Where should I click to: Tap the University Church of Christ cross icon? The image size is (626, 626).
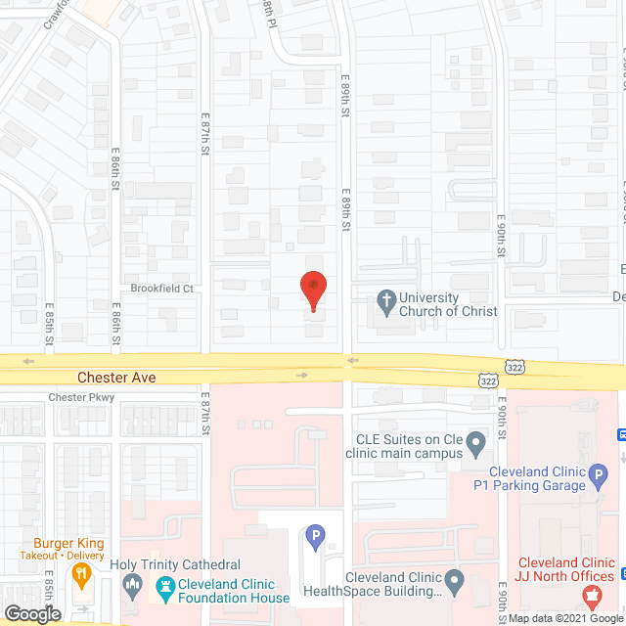(x=387, y=303)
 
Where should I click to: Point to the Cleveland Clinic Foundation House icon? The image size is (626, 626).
(x=164, y=586)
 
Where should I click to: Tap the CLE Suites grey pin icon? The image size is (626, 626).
(x=476, y=446)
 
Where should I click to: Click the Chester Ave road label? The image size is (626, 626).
(x=117, y=377)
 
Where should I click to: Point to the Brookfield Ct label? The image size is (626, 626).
(x=162, y=289)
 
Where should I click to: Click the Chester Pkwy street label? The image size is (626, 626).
(x=82, y=397)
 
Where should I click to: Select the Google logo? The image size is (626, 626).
(x=32, y=614)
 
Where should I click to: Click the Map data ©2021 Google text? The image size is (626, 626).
(x=562, y=618)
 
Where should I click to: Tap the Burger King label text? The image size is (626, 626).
(x=68, y=544)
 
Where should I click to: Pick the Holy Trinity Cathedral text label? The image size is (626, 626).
(x=175, y=565)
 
